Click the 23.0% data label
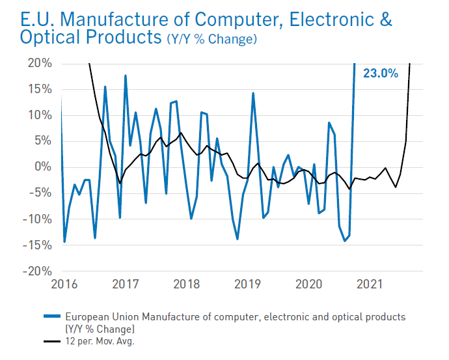[x=380, y=74]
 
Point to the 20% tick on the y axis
[x=39, y=63]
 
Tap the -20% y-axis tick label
[x=37, y=271]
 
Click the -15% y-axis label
[x=37, y=245]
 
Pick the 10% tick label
[x=39, y=115]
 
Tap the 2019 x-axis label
[x=247, y=284]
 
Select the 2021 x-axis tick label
[x=370, y=284]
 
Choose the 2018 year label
[x=186, y=284]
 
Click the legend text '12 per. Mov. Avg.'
[x=105, y=340]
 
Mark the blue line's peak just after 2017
[x=125, y=76]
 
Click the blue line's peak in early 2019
[x=252, y=93]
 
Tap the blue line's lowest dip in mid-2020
[x=344, y=241]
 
